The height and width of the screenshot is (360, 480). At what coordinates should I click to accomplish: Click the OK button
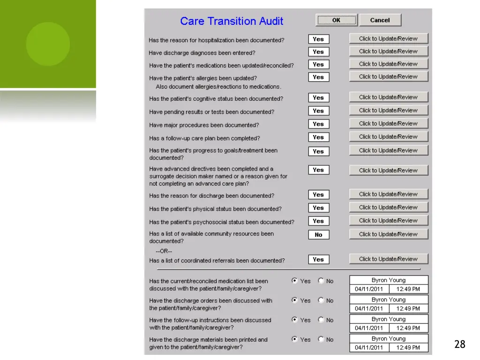click(337, 20)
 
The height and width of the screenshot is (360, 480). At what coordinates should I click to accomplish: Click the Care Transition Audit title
click(232, 21)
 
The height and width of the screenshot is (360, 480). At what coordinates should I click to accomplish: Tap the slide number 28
click(460, 344)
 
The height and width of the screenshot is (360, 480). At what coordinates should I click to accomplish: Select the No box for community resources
click(319, 235)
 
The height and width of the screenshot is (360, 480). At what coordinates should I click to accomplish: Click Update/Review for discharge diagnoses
click(389, 51)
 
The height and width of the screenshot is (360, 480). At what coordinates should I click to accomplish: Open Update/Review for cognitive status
click(389, 97)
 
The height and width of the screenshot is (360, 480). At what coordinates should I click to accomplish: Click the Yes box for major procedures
click(319, 124)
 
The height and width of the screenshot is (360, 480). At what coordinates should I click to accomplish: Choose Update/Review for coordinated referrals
click(389, 259)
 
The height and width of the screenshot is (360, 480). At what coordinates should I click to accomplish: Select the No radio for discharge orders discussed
click(321, 300)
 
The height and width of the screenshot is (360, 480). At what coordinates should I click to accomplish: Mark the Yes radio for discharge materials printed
click(294, 339)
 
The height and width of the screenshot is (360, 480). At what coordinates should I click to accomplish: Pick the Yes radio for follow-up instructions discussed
click(294, 319)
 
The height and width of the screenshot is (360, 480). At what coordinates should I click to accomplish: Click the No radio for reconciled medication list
click(321, 280)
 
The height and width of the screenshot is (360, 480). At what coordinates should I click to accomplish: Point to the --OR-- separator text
click(164, 251)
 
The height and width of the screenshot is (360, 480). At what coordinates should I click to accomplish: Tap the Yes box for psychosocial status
click(319, 221)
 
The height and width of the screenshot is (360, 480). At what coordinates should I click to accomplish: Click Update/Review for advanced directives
click(389, 170)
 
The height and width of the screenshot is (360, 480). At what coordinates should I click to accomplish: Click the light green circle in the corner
click(48, 44)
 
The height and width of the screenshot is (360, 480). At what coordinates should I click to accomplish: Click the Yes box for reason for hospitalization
click(319, 39)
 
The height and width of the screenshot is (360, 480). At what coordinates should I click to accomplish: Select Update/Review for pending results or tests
click(389, 110)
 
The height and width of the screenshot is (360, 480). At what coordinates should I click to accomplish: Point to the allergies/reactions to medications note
click(218, 87)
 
